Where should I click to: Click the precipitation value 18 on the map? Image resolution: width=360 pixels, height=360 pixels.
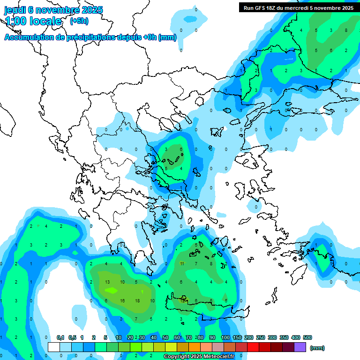137,300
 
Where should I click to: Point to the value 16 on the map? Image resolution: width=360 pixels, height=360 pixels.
122,300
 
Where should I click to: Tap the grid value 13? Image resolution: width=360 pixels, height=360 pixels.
107,282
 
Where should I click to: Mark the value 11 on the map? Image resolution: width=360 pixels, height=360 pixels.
182,264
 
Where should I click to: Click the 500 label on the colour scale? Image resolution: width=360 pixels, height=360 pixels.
307,337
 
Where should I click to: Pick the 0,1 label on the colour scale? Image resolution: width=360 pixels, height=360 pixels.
60,337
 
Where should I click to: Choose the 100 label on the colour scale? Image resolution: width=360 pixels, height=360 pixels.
225,337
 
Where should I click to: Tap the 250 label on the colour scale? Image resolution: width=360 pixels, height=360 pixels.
261,337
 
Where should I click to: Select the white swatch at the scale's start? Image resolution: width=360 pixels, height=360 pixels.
54,347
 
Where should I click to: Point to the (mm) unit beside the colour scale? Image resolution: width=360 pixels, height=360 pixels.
317,348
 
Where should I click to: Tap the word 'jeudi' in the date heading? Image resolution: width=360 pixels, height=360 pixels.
15,10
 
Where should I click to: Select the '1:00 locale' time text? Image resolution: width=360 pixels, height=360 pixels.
33,21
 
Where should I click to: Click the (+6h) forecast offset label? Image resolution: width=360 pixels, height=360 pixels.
79,21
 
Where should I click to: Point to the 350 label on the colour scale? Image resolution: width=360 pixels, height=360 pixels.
284,337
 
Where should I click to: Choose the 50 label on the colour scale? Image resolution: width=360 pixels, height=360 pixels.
165,337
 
